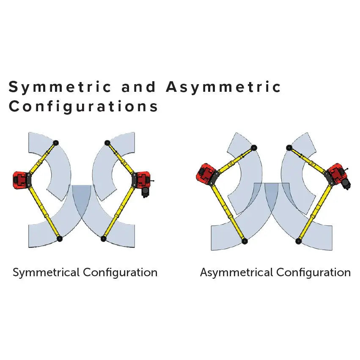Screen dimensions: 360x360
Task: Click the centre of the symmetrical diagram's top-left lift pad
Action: point(55,143)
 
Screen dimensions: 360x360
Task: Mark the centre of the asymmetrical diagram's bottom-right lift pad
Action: point(299,241)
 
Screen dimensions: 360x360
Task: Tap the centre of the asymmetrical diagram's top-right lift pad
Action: point(289,148)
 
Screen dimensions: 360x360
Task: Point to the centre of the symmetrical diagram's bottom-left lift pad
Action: point(60,239)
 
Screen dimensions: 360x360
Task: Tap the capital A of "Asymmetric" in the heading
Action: point(173,87)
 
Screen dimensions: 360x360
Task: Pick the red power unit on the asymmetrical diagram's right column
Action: point(338,174)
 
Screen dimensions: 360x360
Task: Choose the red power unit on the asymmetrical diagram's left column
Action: point(206,174)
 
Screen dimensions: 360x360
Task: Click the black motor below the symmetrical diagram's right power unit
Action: point(146,192)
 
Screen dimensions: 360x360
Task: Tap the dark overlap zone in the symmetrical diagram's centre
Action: point(82,198)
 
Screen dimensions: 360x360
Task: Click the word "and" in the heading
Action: point(138,87)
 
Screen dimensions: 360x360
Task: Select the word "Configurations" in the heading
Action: point(83,107)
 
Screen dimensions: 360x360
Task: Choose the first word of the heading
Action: point(60,88)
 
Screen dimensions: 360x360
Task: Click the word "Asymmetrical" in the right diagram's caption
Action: point(236,273)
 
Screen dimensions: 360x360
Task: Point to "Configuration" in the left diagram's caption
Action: point(120,273)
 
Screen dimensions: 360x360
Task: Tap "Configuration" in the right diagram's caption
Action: point(313,273)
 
